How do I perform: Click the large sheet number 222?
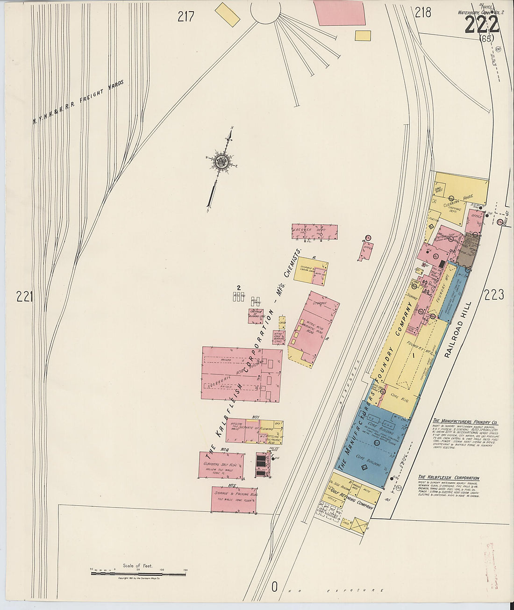click(x=482, y=22)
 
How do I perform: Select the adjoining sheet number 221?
click(x=24, y=296)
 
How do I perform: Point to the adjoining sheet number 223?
click(x=494, y=294)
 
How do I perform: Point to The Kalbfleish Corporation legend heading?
click(x=449, y=478)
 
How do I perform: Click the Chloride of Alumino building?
click(x=256, y=316)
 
